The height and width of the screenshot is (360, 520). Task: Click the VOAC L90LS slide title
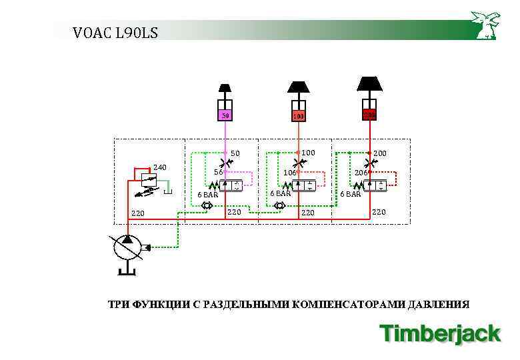coord(115,31)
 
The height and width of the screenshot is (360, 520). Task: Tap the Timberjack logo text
coord(439,333)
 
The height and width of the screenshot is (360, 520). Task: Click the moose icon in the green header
coord(485,25)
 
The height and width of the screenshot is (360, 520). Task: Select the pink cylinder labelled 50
coord(225,114)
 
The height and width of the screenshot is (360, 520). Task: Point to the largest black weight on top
coord(369,83)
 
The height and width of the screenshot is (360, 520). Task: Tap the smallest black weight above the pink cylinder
coord(225,88)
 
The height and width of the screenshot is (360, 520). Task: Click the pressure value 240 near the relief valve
coord(160,167)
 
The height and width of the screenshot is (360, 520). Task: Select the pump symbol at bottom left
coord(126,248)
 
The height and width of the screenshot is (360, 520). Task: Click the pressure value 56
coord(218,172)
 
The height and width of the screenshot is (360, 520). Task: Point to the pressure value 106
coord(289,173)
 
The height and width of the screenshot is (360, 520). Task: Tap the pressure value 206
coord(361,173)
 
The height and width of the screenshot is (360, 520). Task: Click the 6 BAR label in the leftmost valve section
coord(207,195)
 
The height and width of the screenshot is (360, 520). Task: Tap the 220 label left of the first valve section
coord(137,214)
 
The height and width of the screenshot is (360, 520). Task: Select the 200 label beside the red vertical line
coord(379,153)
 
